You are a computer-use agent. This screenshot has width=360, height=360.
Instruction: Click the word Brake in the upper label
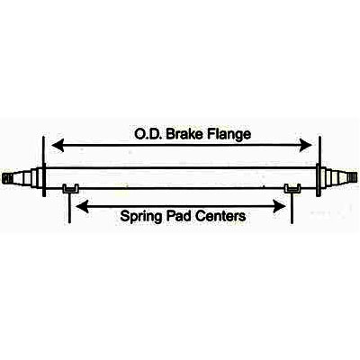click(x=184, y=134)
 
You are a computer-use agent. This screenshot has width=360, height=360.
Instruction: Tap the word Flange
click(x=229, y=135)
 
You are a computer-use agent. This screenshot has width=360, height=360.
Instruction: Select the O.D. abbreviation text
click(x=148, y=134)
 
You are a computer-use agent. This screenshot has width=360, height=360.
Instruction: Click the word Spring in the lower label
click(x=140, y=217)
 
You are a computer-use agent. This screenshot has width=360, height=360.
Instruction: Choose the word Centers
click(x=220, y=216)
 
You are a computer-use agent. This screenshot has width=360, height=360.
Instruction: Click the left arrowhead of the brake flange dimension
click(x=58, y=146)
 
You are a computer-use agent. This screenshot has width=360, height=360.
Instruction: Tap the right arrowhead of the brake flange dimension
click(x=306, y=146)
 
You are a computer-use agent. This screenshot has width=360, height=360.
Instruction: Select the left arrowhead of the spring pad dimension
click(x=82, y=207)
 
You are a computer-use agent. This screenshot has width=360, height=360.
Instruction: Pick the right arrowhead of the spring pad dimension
click(x=279, y=207)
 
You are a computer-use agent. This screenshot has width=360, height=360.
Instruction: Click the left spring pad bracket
click(x=71, y=189)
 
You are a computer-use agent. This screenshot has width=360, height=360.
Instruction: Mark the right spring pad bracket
click(x=292, y=188)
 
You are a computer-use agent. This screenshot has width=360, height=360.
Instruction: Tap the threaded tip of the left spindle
click(x=8, y=178)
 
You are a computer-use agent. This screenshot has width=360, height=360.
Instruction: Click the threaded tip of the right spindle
click(x=353, y=177)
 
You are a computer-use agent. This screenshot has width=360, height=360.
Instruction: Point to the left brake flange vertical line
click(x=44, y=166)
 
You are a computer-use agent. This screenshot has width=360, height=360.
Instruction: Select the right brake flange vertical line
click(x=319, y=166)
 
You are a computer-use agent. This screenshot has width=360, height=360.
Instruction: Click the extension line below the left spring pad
click(x=69, y=208)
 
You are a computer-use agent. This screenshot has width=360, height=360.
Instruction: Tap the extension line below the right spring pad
click(x=292, y=208)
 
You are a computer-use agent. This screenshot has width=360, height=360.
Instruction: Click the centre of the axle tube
click(x=181, y=178)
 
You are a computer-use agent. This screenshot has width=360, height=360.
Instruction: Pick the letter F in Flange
click(x=211, y=134)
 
